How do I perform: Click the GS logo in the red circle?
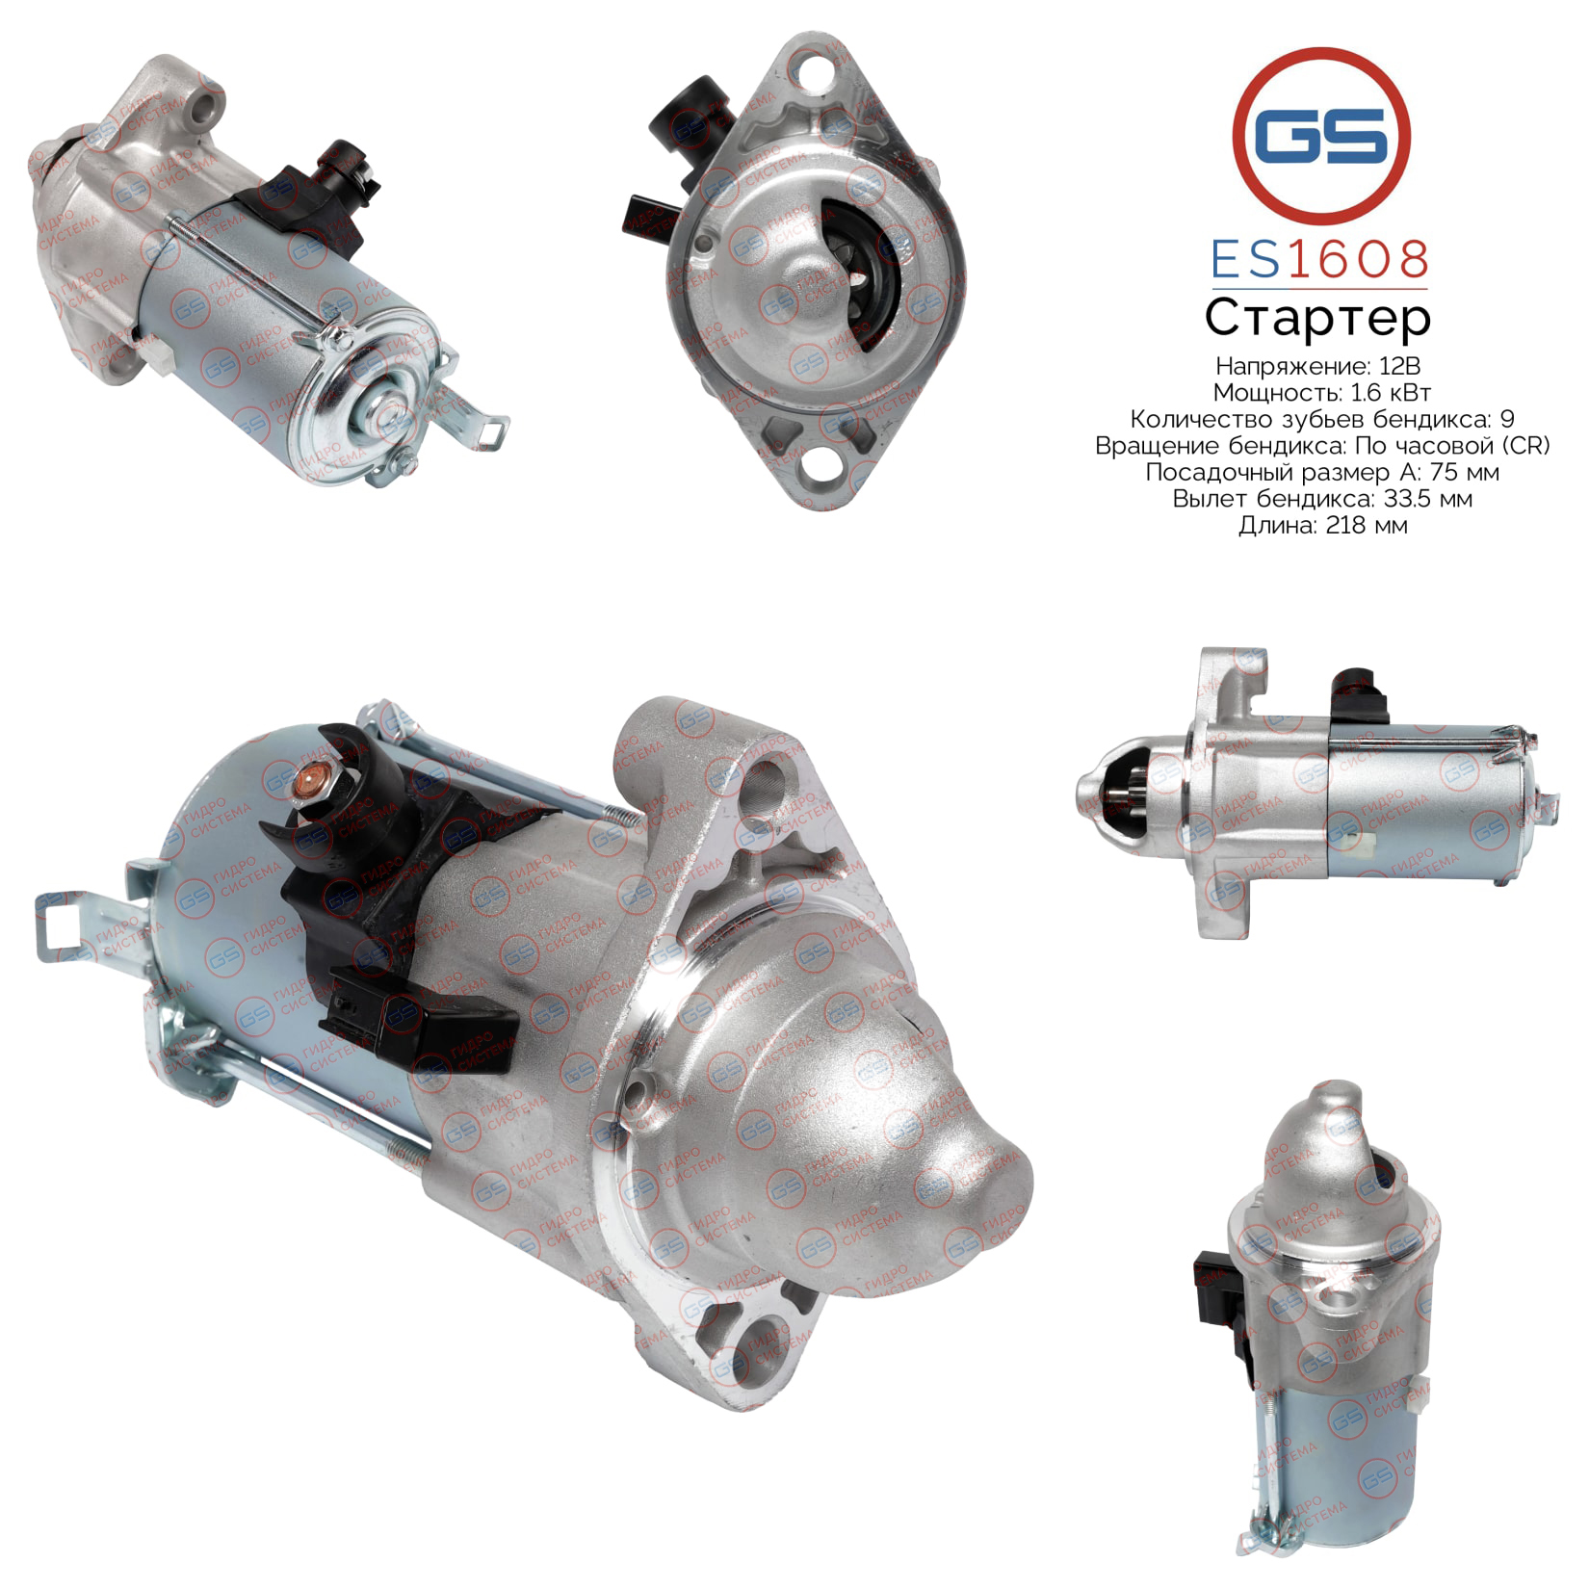pos(1321,137)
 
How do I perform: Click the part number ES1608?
pos(1319,260)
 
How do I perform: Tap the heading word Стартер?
pos(1318,319)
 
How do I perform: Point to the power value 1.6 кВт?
pos(1387,393)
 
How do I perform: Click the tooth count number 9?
pos(1507,419)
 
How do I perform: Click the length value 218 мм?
pos(1367,526)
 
